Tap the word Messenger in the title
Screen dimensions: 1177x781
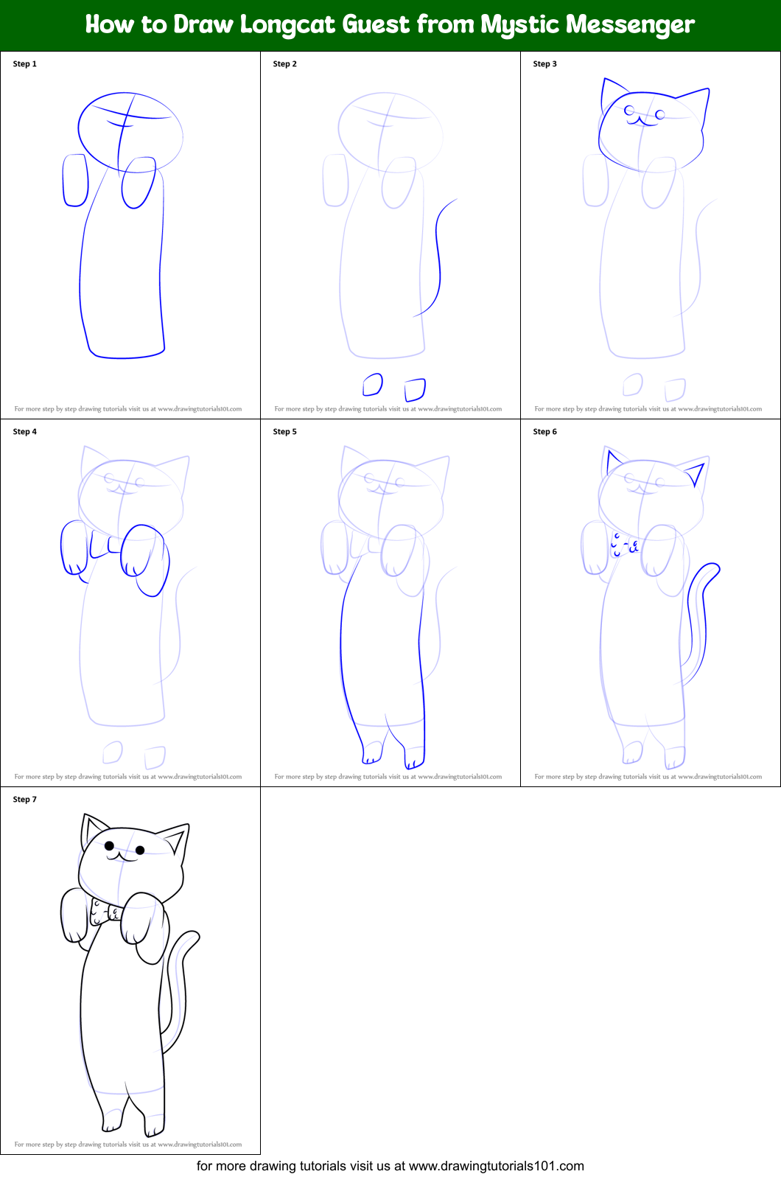coord(624,24)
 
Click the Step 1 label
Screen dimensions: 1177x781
coord(24,64)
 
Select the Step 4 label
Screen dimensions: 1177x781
coord(24,432)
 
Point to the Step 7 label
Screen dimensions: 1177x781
coord(24,800)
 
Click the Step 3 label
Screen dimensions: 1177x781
coord(544,64)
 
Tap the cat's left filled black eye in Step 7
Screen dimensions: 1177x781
coord(109,845)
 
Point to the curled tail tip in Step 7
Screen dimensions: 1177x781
coord(193,937)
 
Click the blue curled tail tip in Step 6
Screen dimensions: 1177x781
coord(712,569)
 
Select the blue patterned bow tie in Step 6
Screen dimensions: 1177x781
coord(624,545)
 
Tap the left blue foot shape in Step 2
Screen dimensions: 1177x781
coord(373,385)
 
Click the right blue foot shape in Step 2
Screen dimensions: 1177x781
coord(416,389)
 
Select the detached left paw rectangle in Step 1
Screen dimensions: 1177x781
coord(75,180)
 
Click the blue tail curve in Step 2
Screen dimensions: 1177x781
coord(438,258)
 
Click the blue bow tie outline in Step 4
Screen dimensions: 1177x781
coord(104,545)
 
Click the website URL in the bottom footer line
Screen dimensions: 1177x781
coord(496,1166)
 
